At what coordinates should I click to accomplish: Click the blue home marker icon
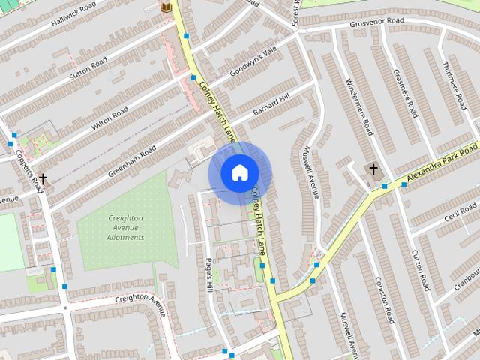tap(239, 173)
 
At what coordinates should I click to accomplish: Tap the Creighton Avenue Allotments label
tap(124, 227)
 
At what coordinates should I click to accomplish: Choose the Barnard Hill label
tap(271, 108)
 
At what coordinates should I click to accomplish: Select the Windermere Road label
tap(358, 106)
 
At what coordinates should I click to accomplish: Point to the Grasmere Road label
tap(405, 93)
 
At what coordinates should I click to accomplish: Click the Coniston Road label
tap(384, 300)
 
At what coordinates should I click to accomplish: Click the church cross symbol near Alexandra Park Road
tap(373, 169)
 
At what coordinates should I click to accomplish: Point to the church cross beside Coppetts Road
tap(43, 178)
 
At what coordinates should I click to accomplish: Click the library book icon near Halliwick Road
tap(167, 8)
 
